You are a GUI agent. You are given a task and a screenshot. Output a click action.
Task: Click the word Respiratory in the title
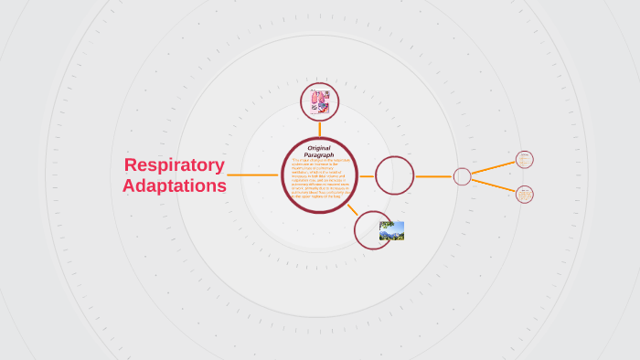pos(174,165)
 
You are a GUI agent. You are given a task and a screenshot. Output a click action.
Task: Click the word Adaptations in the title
pos(174,185)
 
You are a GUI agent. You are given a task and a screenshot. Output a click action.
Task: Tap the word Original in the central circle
pos(319,148)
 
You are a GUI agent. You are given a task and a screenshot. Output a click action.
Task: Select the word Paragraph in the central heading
pos(319,155)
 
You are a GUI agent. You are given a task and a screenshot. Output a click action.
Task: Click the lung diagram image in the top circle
pos(320,101)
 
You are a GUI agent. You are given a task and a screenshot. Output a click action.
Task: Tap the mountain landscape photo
pos(391,230)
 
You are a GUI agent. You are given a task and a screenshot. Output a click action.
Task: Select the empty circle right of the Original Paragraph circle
pos(394,175)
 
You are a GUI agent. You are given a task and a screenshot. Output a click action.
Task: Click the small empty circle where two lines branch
pos(462,176)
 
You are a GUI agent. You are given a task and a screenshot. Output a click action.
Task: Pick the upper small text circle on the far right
pos(524,160)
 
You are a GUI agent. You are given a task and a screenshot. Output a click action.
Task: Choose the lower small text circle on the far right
pos(524,194)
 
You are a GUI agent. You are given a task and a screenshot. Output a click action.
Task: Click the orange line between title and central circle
pos(252,175)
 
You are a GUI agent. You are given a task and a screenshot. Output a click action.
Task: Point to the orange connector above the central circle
pos(320,129)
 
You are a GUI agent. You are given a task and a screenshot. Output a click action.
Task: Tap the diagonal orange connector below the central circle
pos(352,208)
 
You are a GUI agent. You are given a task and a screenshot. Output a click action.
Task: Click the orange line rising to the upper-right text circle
pos(494,167)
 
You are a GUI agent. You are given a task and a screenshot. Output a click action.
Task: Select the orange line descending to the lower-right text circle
pos(494,185)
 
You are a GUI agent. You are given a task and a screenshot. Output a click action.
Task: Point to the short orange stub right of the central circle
pos(366,175)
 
